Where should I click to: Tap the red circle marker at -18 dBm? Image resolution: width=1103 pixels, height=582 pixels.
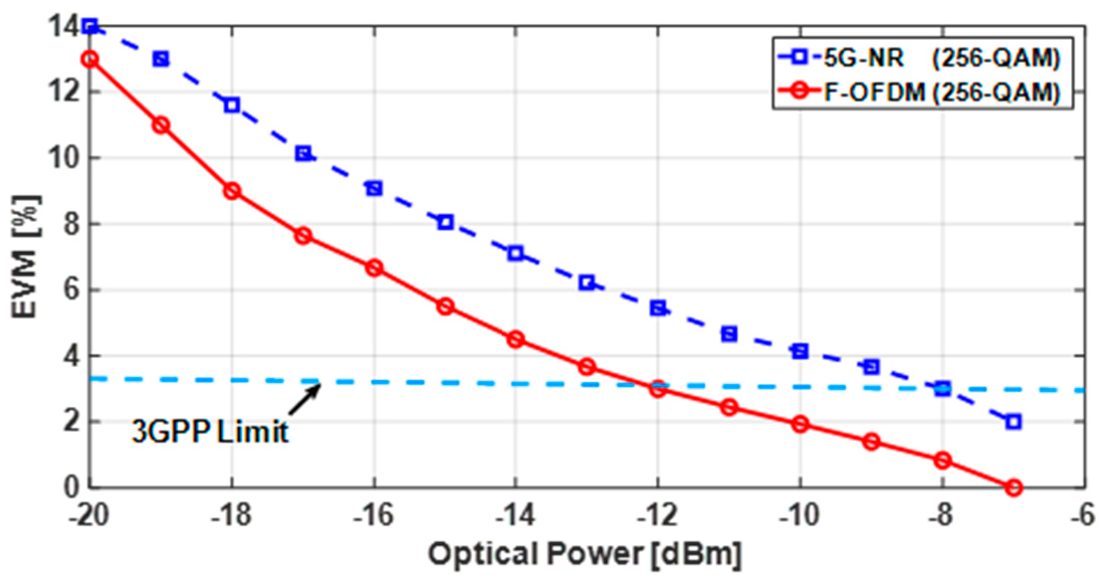232,191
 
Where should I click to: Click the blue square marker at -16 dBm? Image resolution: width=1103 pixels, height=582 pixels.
374,187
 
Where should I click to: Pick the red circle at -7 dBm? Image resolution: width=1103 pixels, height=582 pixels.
1013,487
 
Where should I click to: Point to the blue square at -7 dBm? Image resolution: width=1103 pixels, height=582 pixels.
1013,422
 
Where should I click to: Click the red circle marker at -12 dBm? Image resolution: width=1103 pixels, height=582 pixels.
658,389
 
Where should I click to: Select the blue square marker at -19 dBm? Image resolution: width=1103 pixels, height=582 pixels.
161,59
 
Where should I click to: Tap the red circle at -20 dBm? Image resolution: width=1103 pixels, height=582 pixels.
90,59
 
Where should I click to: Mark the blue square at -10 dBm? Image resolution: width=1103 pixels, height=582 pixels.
800,351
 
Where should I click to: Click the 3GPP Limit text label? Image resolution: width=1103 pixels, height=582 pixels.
209,435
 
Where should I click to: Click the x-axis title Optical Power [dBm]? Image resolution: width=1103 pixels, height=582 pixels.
586,553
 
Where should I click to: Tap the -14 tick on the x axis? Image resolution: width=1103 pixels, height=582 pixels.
515,518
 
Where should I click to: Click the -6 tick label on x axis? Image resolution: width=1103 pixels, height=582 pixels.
1083,518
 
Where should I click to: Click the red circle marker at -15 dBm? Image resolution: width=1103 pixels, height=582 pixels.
445,306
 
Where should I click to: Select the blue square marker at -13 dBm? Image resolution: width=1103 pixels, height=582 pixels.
587,283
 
